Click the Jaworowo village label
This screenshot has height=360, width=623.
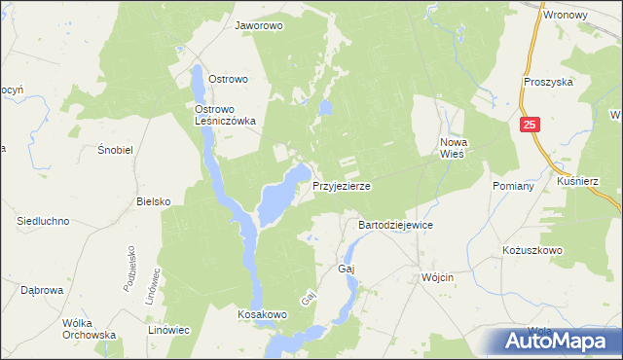pos(258,26)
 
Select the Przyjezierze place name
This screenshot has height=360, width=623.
pos(341,185)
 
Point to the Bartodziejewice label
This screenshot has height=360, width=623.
pos(395,225)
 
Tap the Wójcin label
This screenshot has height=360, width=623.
pos(439,277)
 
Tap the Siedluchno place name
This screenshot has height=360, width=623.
pos(43,221)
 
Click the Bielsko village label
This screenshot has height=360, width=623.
pos(154,201)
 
